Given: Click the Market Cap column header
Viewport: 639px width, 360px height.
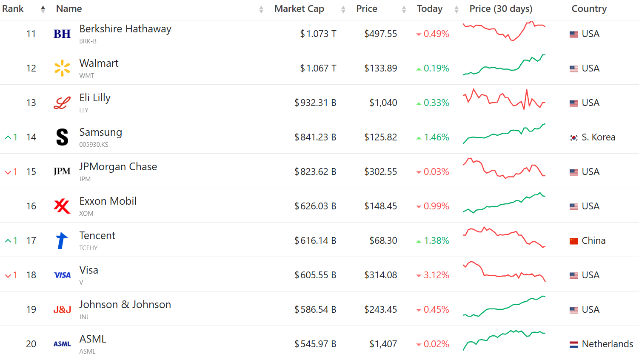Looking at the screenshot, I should click(x=299, y=9).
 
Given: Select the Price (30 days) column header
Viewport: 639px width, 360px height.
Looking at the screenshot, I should click(x=501, y=9).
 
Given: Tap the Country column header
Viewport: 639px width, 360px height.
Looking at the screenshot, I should click(x=589, y=9).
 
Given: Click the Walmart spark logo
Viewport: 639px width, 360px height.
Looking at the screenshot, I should click(x=62, y=68).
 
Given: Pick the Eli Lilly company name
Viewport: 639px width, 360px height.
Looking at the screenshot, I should click(x=95, y=98).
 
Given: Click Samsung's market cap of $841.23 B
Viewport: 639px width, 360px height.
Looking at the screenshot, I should click(x=315, y=137).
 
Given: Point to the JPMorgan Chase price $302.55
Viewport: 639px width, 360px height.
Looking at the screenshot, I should click(x=380, y=172).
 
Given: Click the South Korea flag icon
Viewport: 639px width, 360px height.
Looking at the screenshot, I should click(x=574, y=138).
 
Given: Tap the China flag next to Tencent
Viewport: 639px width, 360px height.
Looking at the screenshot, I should click(x=574, y=241).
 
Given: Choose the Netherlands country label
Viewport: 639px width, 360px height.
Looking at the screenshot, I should click(x=607, y=344).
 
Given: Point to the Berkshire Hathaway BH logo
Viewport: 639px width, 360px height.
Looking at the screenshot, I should click(x=62, y=34).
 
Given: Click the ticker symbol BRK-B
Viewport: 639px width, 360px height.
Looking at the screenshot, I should click(x=88, y=41).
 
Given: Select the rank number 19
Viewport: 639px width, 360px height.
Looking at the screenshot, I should click(x=31, y=310).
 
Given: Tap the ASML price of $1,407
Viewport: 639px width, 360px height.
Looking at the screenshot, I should click(x=383, y=344).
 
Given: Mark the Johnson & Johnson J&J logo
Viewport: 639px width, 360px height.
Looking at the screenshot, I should click(x=62, y=310).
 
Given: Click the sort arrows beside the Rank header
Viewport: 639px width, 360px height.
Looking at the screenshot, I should click(x=43, y=9).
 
